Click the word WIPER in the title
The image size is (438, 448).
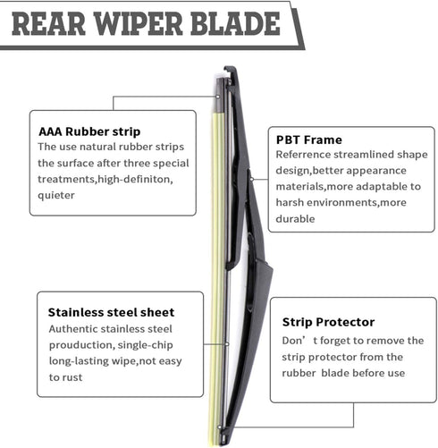point(139,24)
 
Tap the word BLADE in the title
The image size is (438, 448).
point(235,24)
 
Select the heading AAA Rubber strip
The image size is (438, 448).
point(89,131)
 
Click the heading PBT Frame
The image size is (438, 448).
point(309,139)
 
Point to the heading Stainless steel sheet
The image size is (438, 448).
point(111,312)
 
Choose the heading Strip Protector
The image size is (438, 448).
point(328,322)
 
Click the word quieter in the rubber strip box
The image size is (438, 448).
point(56,196)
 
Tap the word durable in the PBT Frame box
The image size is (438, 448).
point(295,219)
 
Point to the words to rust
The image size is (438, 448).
point(65,377)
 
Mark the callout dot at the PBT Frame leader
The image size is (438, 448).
point(251,179)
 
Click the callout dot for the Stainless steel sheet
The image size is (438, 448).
point(227,344)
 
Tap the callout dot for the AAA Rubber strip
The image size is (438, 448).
point(218,97)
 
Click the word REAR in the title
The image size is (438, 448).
point(48,24)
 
